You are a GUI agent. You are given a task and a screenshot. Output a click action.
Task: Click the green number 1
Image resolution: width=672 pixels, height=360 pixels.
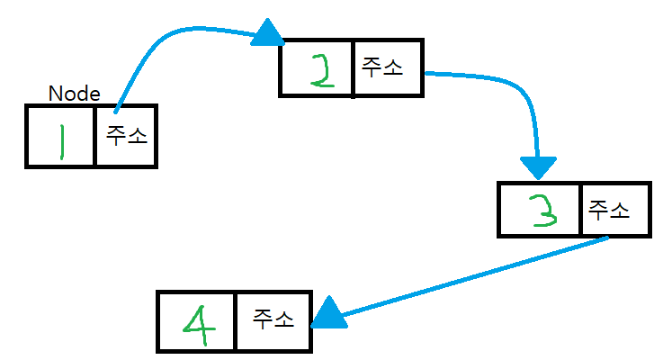tap(60, 140)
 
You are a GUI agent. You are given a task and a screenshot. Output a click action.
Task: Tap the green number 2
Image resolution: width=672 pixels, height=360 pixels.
tap(319, 70)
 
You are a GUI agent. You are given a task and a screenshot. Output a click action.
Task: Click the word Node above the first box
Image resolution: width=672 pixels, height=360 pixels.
tap(74, 94)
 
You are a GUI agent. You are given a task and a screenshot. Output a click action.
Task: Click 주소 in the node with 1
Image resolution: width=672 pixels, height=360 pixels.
tap(127, 136)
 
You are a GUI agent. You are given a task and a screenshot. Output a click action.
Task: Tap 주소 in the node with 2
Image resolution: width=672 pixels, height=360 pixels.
tap(382, 67)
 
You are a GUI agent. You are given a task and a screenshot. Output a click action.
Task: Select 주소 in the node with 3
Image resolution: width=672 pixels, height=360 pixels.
tap(608, 211)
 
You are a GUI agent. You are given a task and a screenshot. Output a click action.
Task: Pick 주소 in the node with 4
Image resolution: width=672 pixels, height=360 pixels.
tap(273, 319)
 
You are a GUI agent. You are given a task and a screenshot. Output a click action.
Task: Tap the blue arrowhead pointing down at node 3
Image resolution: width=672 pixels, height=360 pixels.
tap(538, 166)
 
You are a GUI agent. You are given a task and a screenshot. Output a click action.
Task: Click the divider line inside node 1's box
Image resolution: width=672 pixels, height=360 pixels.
tap(94, 136)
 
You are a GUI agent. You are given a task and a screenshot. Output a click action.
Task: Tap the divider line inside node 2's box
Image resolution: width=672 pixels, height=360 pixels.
tap(353, 67)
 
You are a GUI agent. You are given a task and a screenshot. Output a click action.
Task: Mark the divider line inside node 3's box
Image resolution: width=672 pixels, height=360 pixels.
tap(581, 211)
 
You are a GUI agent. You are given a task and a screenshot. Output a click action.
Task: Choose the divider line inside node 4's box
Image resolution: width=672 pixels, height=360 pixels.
tap(236, 321)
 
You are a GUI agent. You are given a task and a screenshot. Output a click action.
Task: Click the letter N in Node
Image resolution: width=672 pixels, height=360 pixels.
tap(54, 94)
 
